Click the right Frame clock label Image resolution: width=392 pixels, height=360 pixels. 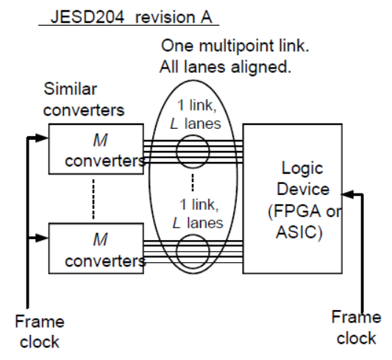(356, 327)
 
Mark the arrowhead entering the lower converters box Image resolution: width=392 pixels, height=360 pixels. (43, 237)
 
